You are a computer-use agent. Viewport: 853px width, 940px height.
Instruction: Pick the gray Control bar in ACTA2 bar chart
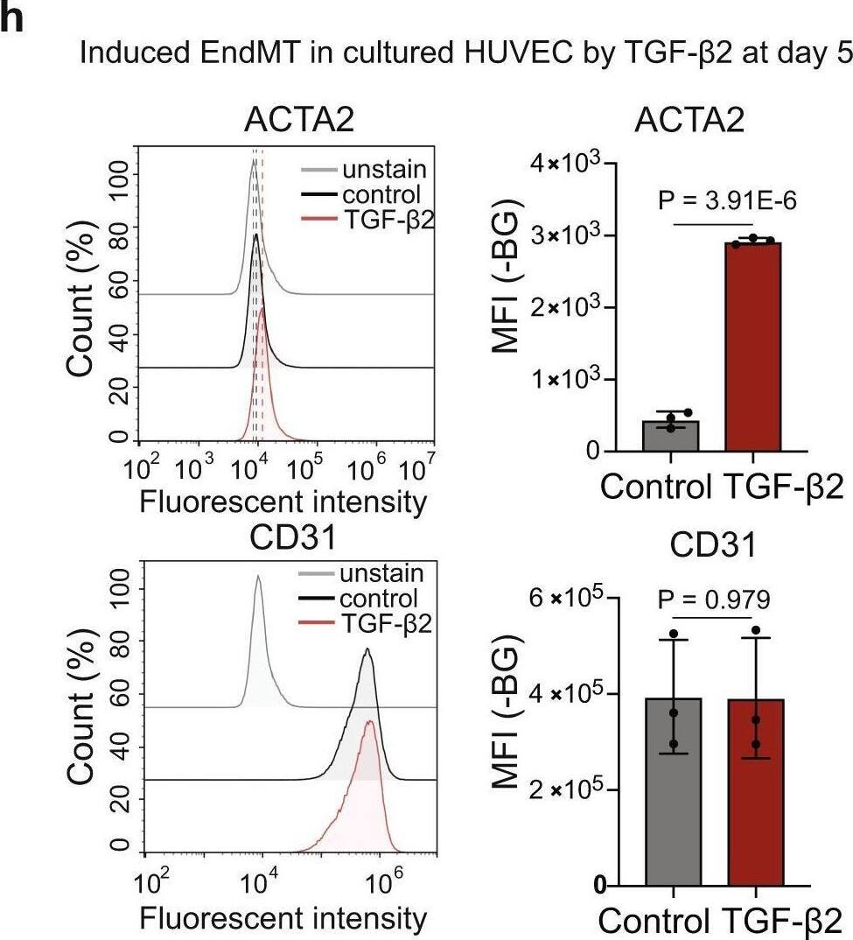[670, 435]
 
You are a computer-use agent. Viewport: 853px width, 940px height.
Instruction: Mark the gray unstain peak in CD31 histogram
[258, 578]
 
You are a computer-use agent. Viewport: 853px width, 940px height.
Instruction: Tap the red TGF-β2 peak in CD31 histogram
[370, 723]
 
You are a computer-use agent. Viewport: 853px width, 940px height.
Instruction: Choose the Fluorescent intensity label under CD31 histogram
[283, 918]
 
